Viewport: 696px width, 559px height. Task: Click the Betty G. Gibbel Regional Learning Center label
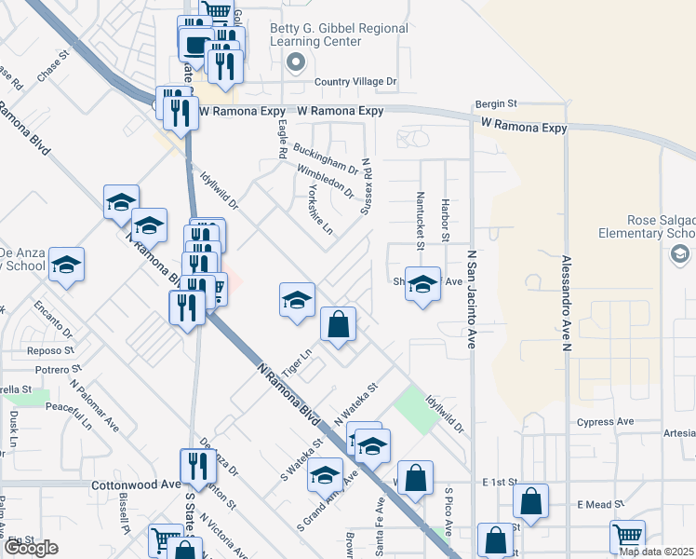339,34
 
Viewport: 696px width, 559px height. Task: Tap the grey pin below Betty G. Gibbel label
296,63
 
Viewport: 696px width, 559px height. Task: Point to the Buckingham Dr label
326,157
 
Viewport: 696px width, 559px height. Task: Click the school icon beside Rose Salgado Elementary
679,254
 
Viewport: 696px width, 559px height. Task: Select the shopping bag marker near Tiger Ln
339,325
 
